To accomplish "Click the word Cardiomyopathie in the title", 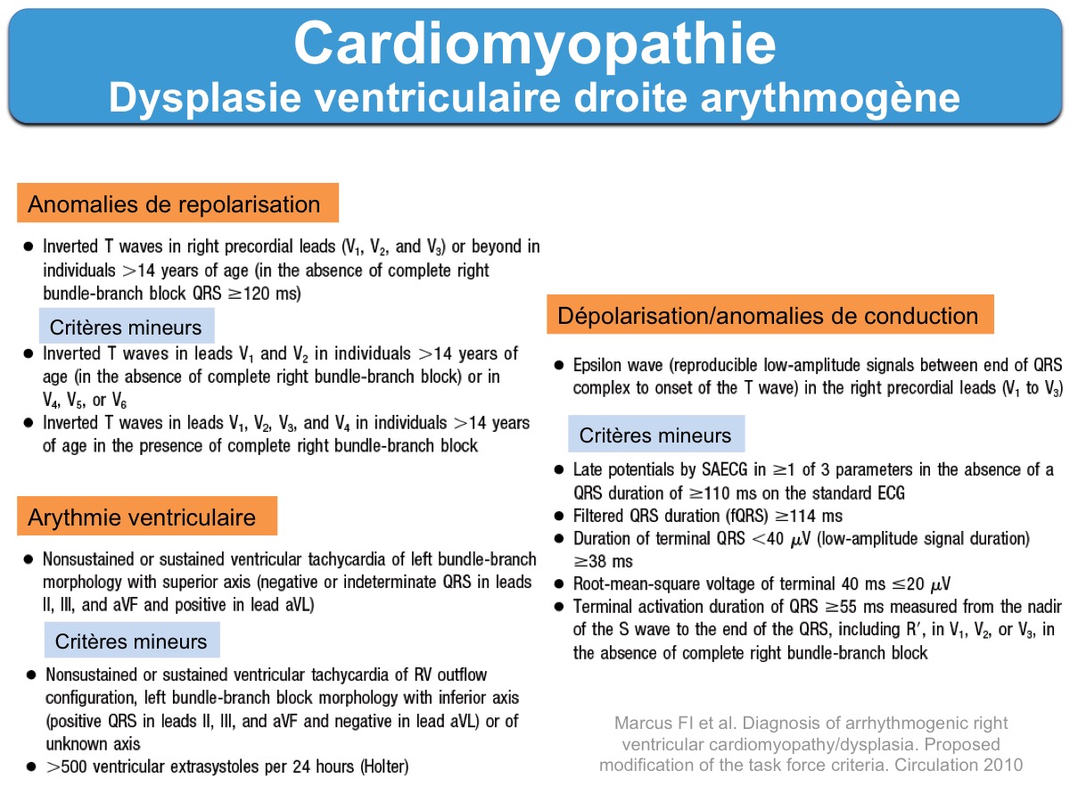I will (x=534, y=42).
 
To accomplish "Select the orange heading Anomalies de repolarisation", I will (x=175, y=204).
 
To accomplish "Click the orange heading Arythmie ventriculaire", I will (x=143, y=517).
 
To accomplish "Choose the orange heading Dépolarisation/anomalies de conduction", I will (x=768, y=316).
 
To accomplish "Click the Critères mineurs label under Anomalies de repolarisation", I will (x=126, y=327).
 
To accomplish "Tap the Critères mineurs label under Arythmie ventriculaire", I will (x=131, y=641).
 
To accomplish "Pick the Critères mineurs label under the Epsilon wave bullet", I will (x=655, y=435).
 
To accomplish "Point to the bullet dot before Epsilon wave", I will (x=558, y=366).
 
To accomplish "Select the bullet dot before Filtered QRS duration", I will (x=558, y=516).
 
